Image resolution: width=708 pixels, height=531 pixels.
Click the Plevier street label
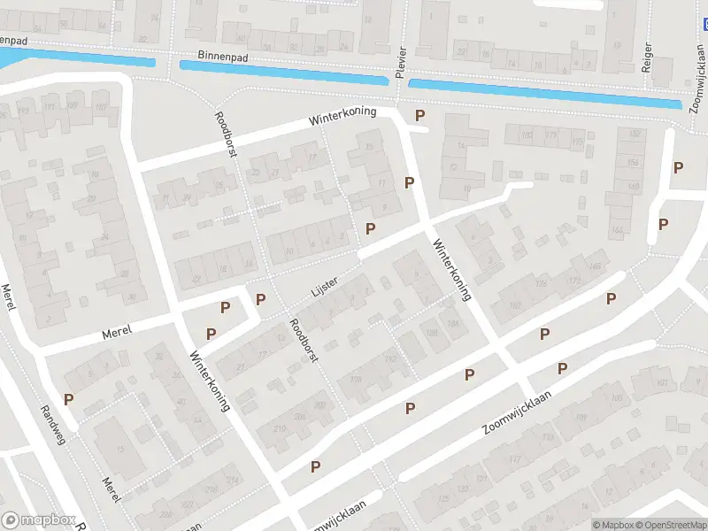pos(400,62)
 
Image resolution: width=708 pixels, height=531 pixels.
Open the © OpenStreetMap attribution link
pos(671,524)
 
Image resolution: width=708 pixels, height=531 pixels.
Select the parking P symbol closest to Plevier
pos(419,116)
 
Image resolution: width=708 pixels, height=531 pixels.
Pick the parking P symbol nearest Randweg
pos(68,399)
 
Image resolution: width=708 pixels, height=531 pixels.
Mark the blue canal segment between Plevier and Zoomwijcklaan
pos(544,93)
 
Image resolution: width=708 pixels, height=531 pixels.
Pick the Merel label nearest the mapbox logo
pos(111,489)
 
